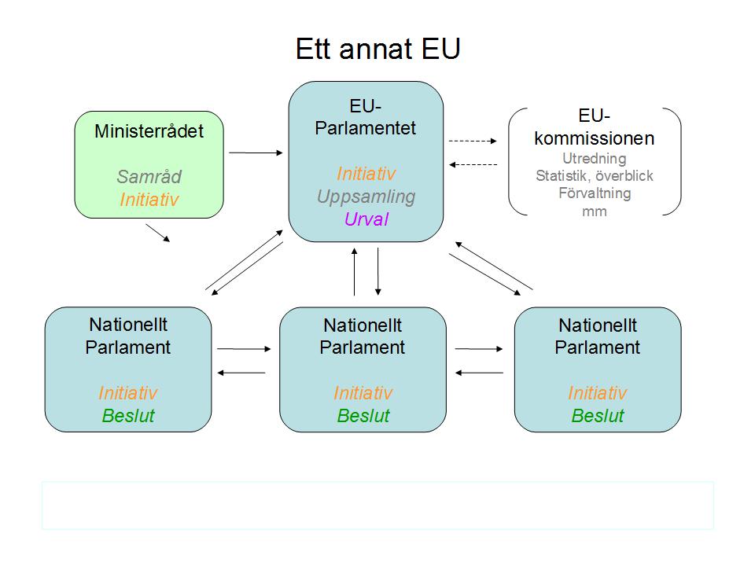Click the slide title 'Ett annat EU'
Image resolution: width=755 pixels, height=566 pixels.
tap(378, 49)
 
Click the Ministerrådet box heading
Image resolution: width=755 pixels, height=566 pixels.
tap(149, 131)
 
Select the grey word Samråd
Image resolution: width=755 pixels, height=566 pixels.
tap(149, 177)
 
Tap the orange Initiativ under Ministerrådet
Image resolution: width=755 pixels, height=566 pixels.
tap(149, 199)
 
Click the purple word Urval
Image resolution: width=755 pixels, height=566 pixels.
tap(366, 219)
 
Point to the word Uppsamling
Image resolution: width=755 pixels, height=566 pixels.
tap(366, 197)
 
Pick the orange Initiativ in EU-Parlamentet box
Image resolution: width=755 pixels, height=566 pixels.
tap(366, 173)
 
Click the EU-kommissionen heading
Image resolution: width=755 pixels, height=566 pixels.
tap(595, 127)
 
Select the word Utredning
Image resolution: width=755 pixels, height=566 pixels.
tap(595, 158)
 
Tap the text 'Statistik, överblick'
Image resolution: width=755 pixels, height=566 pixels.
tap(595, 175)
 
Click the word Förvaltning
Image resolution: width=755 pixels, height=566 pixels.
tap(595, 193)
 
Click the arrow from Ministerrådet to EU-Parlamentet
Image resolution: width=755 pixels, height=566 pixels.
tap(256, 153)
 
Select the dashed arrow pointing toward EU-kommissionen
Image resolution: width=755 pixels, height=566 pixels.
tap(473, 141)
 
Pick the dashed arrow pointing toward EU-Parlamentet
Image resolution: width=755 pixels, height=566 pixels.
tap(473, 164)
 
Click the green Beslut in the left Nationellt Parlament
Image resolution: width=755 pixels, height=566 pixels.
tap(128, 415)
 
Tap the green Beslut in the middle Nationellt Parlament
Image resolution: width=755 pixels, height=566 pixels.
tap(363, 415)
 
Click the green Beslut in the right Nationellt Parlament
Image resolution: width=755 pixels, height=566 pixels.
tap(598, 415)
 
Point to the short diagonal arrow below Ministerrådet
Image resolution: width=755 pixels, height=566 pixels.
tap(158, 233)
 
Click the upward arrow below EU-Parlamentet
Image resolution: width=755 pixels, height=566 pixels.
tap(355, 271)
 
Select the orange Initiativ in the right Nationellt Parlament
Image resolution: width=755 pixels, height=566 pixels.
tap(598, 393)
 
